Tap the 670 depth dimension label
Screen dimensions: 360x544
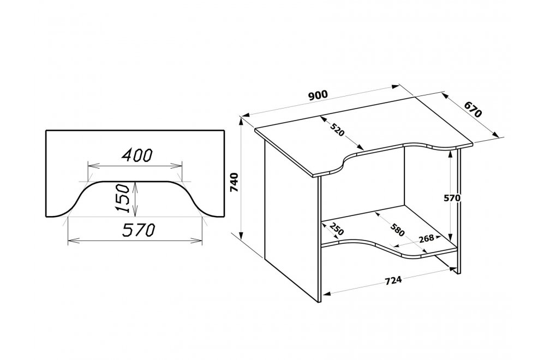[x=473, y=110]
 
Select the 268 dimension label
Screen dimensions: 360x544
[x=426, y=238]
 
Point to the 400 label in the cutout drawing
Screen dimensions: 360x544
[x=136, y=155]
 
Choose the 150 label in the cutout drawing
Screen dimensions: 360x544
[x=122, y=199]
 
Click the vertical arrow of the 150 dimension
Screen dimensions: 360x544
[x=135, y=199]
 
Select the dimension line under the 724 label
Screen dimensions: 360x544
[x=390, y=290]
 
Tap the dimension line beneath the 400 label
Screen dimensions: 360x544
[x=135, y=165]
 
